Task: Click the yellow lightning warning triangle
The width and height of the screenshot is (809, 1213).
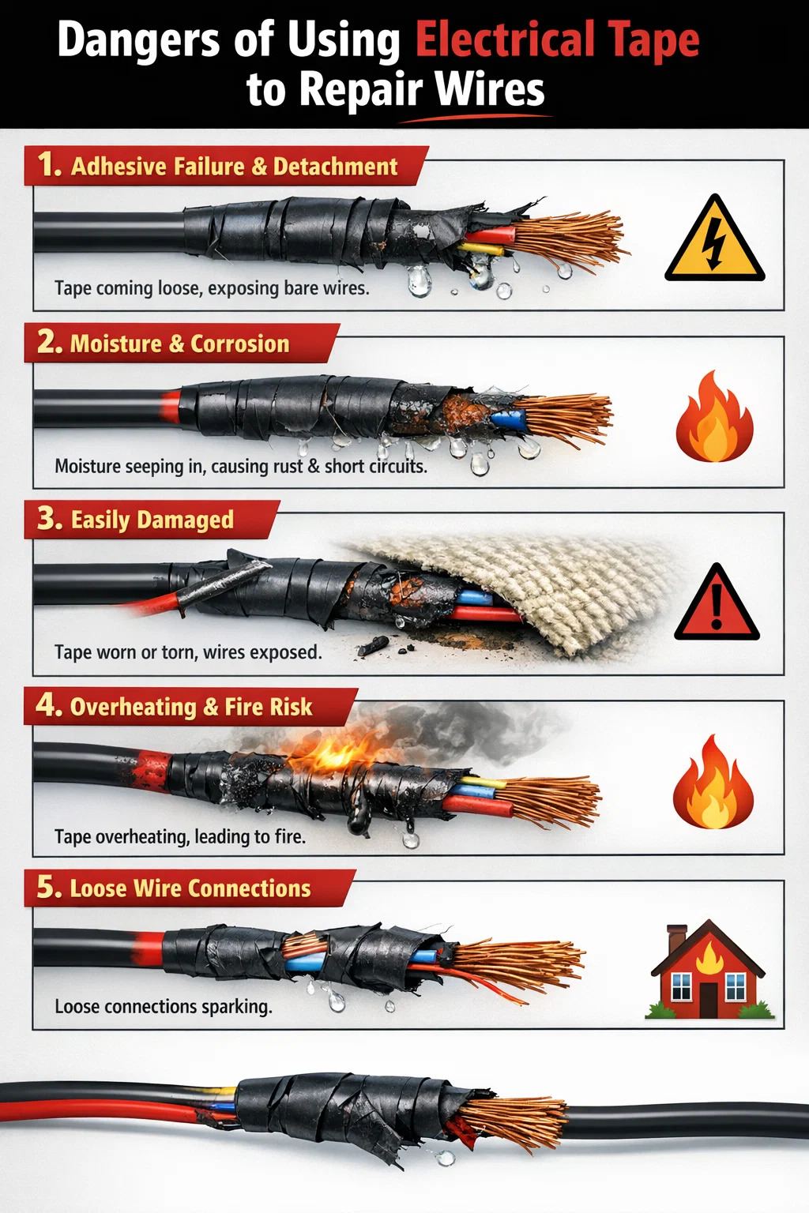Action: click(x=714, y=241)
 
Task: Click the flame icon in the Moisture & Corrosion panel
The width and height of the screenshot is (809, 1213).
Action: click(x=714, y=416)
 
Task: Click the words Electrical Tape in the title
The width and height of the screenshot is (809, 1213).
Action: click(x=558, y=40)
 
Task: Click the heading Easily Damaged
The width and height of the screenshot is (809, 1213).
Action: click(x=152, y=520)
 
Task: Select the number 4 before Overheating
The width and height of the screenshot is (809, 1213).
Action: click(x=47, y=705)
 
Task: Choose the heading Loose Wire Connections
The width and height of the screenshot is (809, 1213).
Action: click(x=190, y=888)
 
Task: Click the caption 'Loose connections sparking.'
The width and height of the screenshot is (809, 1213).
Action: click(x=163, y=1007)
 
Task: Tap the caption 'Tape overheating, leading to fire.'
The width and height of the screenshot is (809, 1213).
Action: click(x=180, y=836)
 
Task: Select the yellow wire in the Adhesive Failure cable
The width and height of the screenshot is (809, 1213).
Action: click(x=481, y=249)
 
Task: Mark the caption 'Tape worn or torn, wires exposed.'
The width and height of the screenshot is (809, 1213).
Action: click(x=188, y=652)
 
